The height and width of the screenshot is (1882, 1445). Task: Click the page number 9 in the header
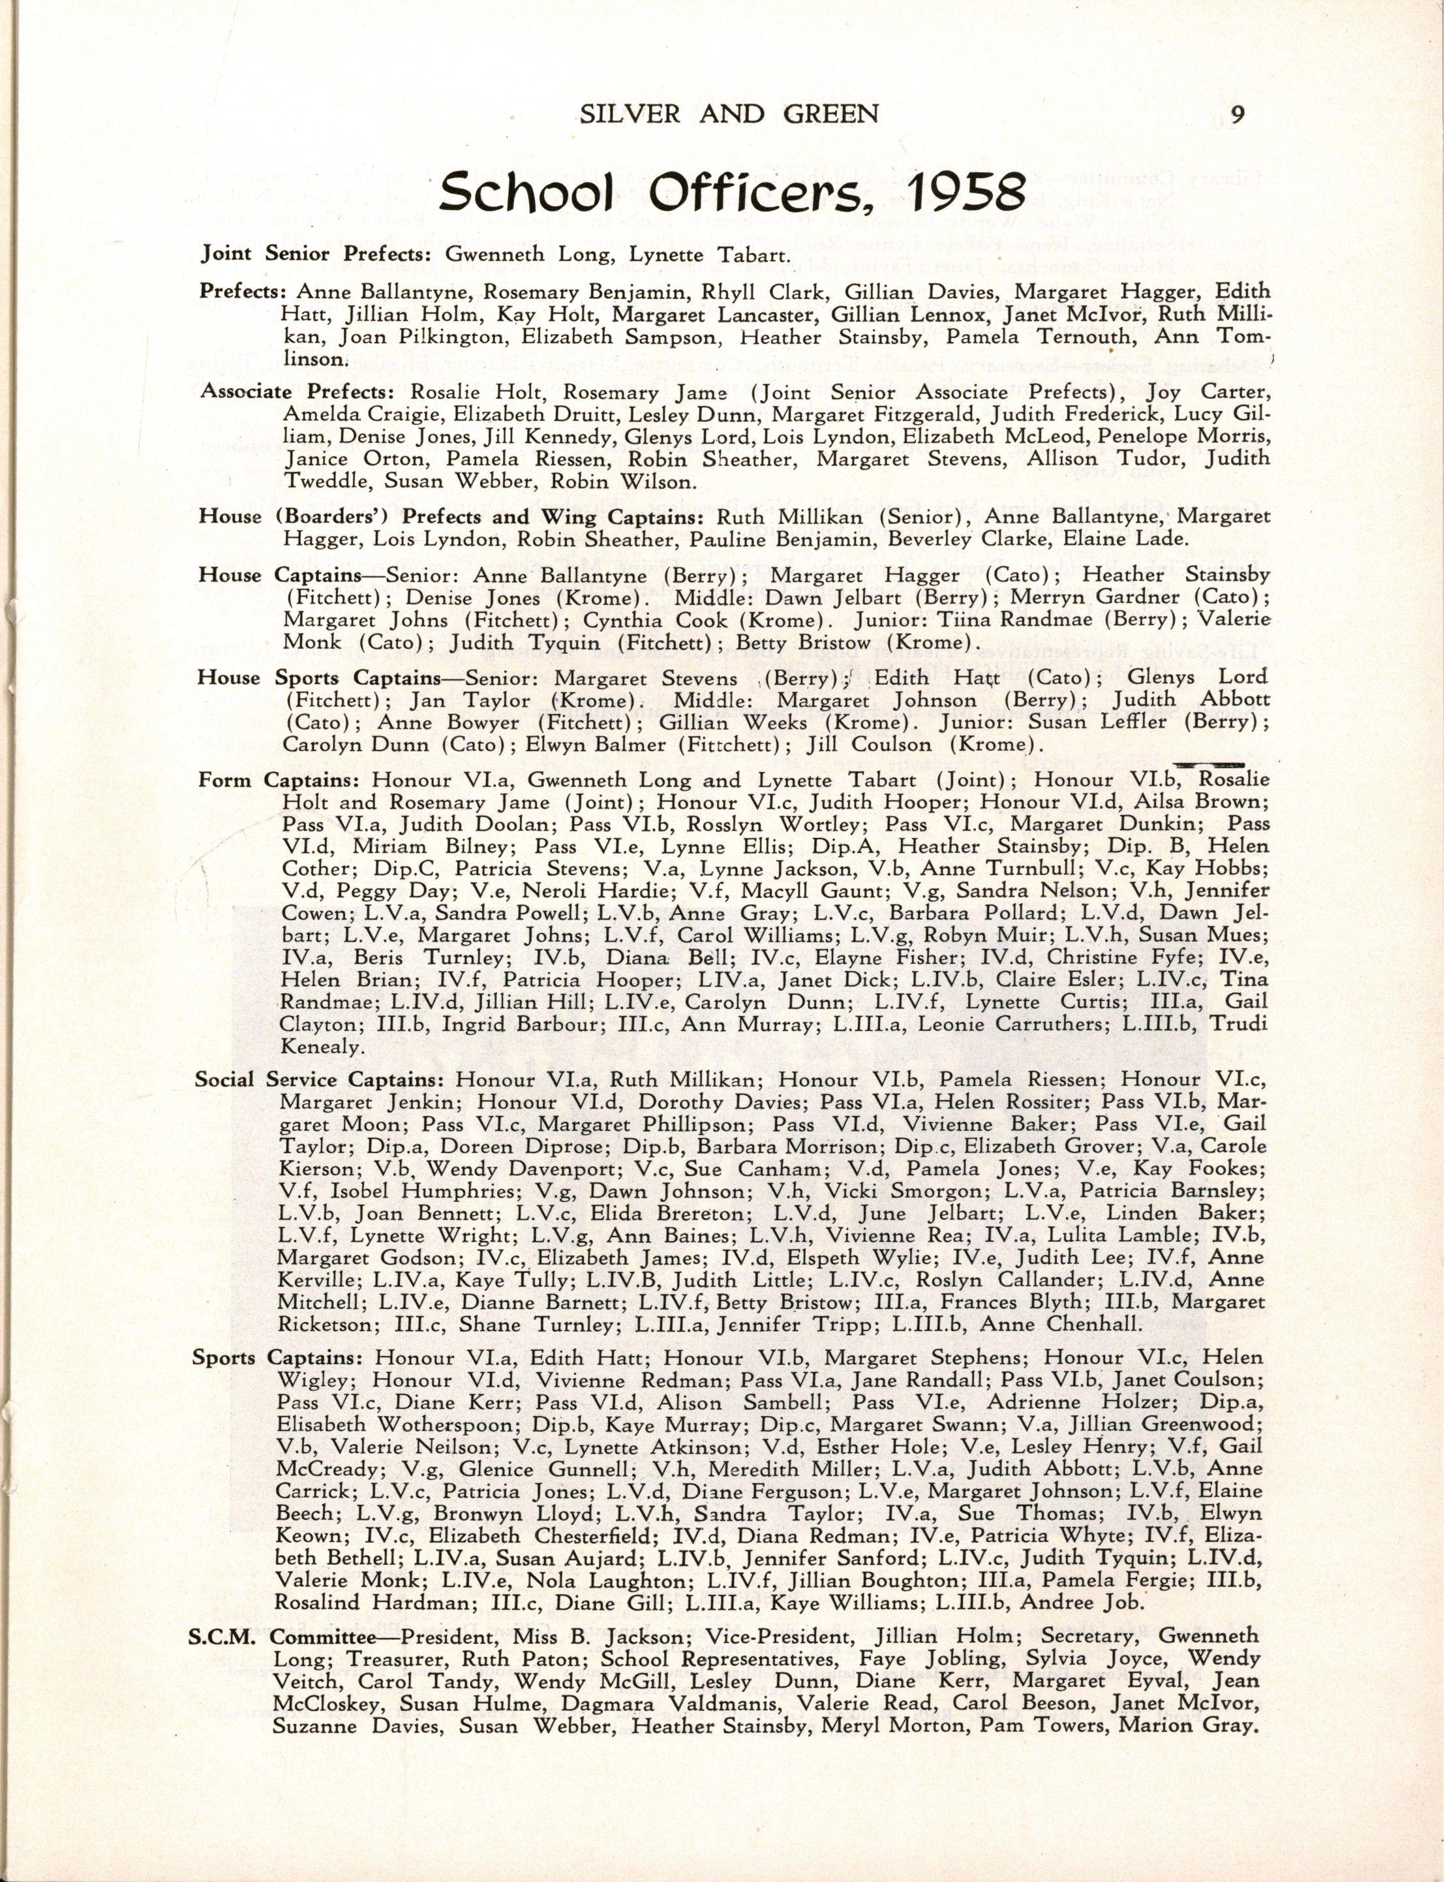pyautogui.click(x=1237, y=114)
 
